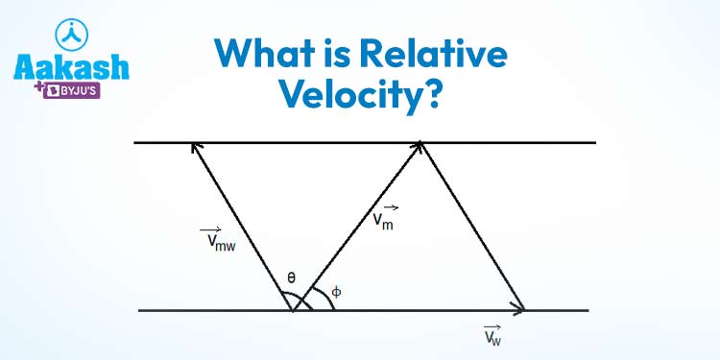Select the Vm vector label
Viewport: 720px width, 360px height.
point(385,218)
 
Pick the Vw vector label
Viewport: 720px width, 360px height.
point(492,335)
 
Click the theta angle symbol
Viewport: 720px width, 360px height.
point(291,279)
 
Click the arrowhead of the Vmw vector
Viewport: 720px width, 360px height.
point(196,147)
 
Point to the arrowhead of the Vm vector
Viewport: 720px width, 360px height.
point(419,146)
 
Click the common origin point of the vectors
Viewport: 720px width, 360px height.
point(293,310)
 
